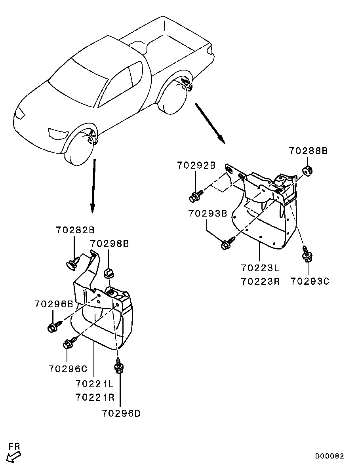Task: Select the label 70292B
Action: tap(196, 165)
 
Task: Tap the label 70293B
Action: tap(207, 213)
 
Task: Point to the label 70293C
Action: tap(309, 281)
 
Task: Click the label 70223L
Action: tap(259, 268)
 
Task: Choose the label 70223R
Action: tap(259, 281)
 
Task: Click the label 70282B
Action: tap(75, 230)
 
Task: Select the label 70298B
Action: tap(109, 243)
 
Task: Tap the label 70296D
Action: tap(121, 413)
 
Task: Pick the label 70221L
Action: tap(95, 384)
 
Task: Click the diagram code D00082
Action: tap(330, 456)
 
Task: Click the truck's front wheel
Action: tap(78, 150)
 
